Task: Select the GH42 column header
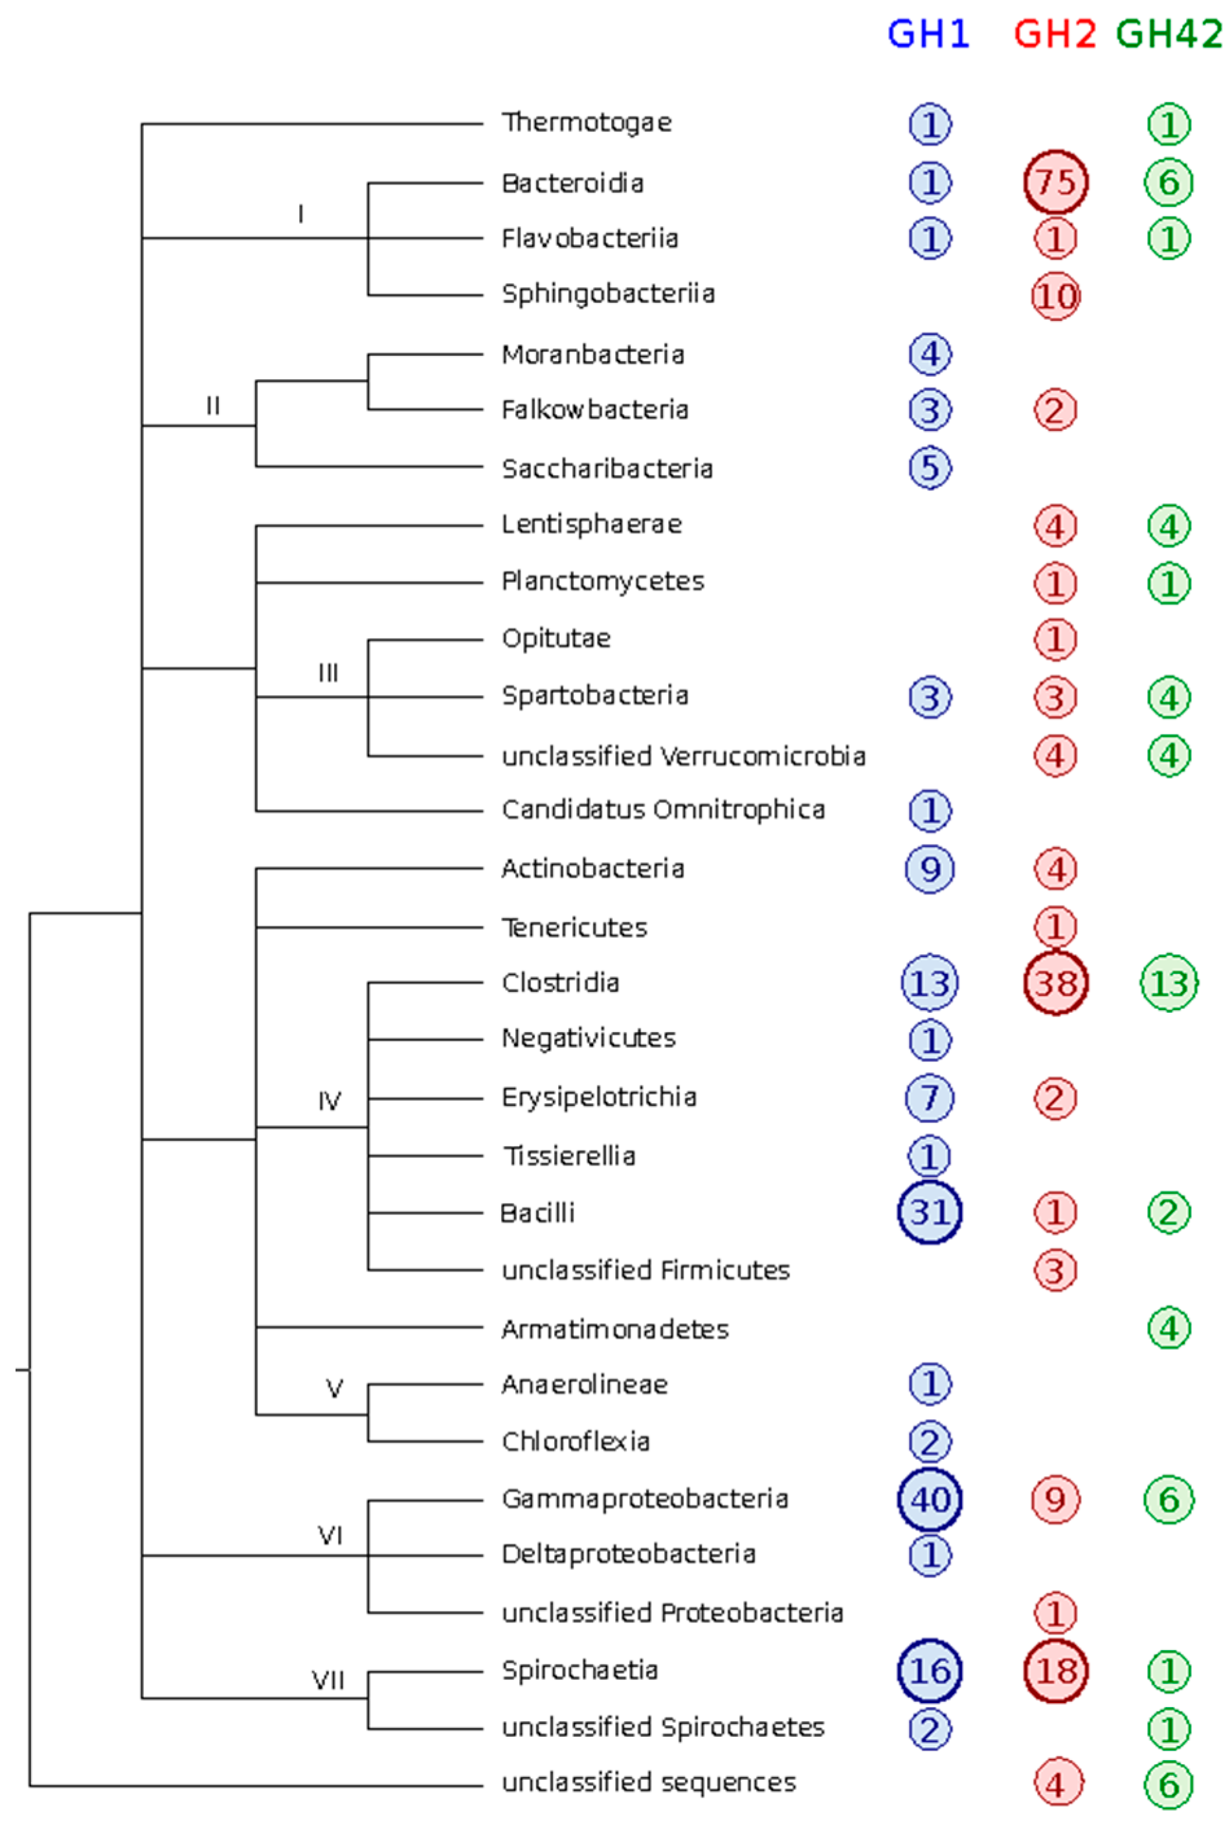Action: click(x=1169, y=34)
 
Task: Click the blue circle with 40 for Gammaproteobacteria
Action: click(x=930, y=1499)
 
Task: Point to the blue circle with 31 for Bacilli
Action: click(x=930, y=1212)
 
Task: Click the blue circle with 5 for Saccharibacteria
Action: click(x=930, y=468)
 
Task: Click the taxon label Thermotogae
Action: click(x=586, y=123)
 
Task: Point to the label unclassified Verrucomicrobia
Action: click(x=684, y=756)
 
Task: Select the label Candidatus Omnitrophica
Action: click(x=663, y=810)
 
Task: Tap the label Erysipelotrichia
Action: click(x=599, y=1097)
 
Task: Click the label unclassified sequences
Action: click(x=649, y=1783)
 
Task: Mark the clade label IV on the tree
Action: click(x=329, y=1101)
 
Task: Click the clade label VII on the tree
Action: click(x=328, y=1681)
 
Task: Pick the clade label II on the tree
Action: click(x=212, y=406)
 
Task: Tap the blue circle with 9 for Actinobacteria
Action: click(x=930, y=869)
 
